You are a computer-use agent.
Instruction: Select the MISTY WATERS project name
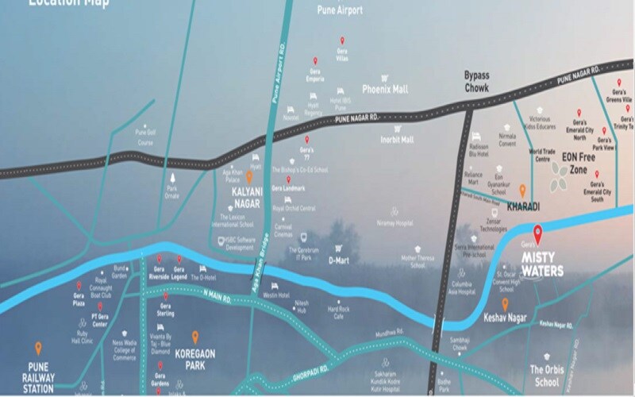click(x=559, y=265)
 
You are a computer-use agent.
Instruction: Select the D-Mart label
click(x=340, y=260)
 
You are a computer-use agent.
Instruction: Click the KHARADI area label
click(x=522, y=205)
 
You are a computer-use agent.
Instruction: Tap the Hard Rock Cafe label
click(x=340, y=312)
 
